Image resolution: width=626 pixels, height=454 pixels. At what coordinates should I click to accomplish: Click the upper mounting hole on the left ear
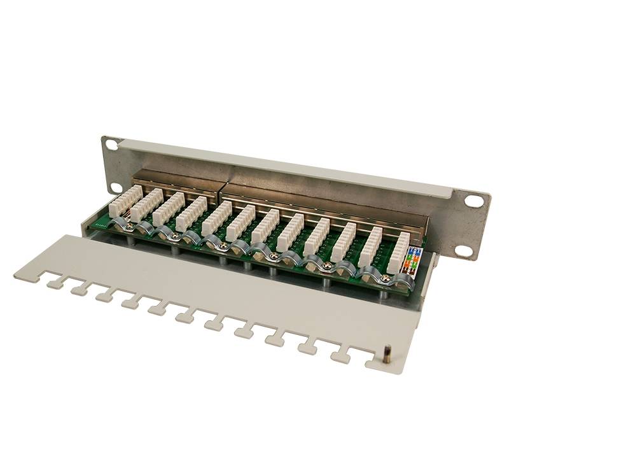click(x=112, y=145)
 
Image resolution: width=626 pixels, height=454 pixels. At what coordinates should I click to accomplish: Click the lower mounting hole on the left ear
click(x=115, y=187)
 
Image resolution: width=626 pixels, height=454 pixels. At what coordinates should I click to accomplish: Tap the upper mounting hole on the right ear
click(x=474, y=201)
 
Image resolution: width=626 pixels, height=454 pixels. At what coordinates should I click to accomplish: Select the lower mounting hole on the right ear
click(x=465, y=251)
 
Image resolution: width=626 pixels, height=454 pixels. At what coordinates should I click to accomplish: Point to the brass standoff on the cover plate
click(x=386, y=354)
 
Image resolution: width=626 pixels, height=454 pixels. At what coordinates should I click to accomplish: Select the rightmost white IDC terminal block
click(x=398, y=252)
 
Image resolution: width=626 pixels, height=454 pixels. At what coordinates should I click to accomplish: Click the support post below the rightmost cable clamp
click(x=385, y=294)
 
